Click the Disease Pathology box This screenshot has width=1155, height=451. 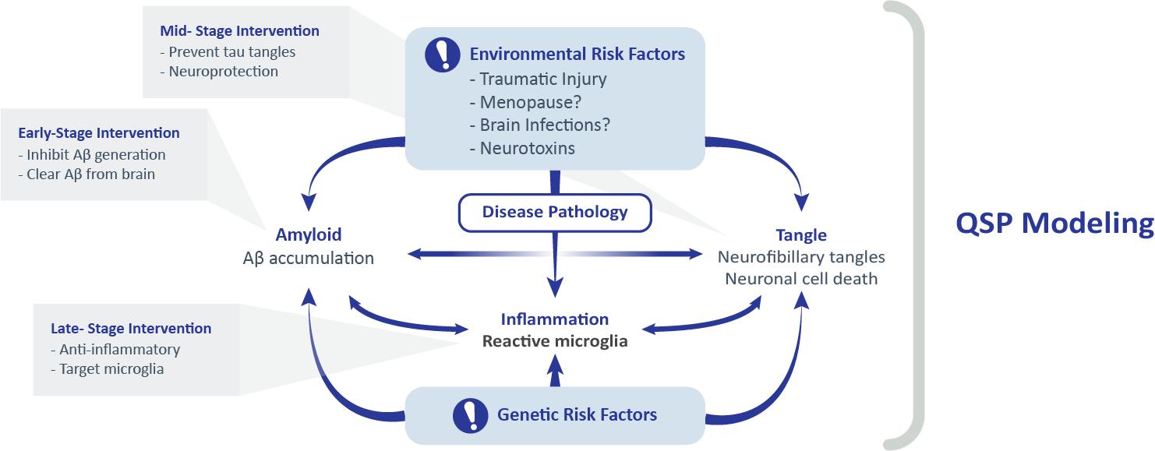pos(554,212)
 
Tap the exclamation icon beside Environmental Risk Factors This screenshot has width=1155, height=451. pos(443,55)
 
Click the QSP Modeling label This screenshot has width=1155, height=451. pos(1054,224)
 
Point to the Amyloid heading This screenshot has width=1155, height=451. pos(309,234)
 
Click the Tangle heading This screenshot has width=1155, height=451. pos(801,234)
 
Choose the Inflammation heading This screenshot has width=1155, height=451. pos(554,319)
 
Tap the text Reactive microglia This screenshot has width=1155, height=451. pos(554,341)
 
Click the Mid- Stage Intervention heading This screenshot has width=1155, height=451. pos(239,32)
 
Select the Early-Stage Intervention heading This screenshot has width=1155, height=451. pos(99,133)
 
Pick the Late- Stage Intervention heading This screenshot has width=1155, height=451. pos(130,329)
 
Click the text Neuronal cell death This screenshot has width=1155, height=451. pos(801,278)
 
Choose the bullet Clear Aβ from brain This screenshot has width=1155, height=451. pos(86,174)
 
